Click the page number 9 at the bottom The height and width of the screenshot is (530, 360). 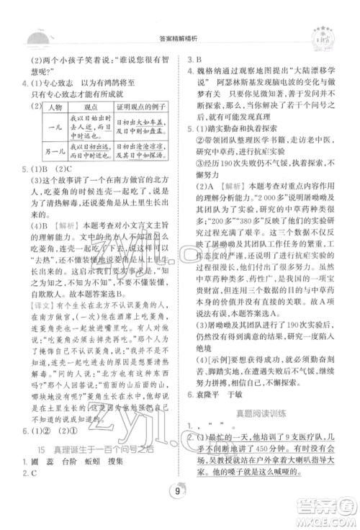click(x=178, y=493)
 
